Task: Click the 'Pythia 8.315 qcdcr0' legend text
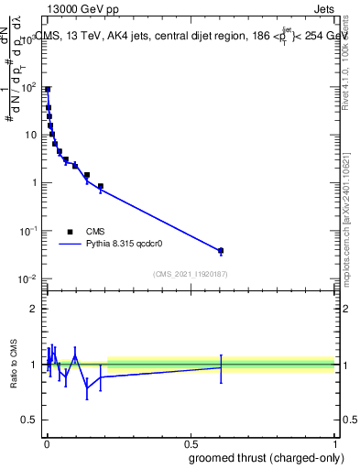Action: pos(125,245)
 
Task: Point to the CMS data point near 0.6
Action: pos(221,250)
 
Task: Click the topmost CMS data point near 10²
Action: pos(48,90)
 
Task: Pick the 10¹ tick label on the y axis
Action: pos(30,135)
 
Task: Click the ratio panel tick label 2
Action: pos(35,309)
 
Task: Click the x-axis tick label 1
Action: pos(334,443)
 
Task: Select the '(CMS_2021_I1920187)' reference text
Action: pos(191,274)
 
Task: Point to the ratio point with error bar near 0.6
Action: pos(221,367)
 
